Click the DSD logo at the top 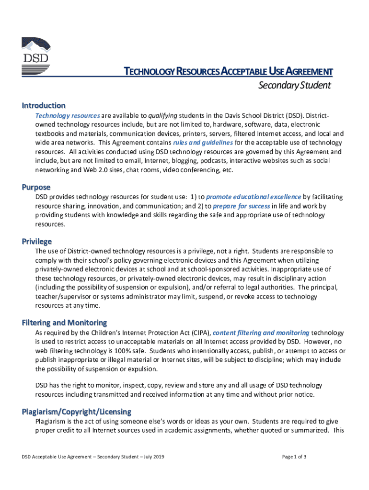(x=36, y=56)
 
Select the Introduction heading (x=44, y=105)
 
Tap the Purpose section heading (x=36, y=187)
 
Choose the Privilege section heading (x=36, y=241)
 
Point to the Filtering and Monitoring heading (x=64, y=323)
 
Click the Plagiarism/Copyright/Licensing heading (x=77, y=412)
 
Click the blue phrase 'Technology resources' (x=68, y=115)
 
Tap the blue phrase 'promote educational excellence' (x=254, y=197)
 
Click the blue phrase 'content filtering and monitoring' (x=261, y=333)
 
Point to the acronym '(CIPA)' (x=198, y=333)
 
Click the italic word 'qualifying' (x=163, y=115)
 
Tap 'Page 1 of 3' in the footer (x=294, y=457)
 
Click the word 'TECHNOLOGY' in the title (x=149, y=72)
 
